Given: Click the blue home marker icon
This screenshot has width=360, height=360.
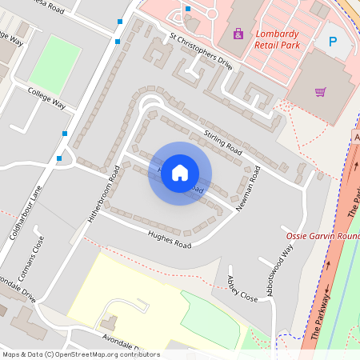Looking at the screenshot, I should point(180,173).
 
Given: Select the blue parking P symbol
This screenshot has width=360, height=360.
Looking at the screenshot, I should point(333,41).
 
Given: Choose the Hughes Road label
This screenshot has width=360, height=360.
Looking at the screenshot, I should point(170,238).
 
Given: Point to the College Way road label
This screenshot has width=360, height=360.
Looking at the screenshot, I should point(46,98).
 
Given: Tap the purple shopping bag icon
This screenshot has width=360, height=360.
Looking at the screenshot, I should point(237,34).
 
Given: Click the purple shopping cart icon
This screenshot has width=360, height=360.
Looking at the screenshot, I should point(320,91).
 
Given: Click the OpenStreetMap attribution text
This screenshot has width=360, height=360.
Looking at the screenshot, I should point(80,354).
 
